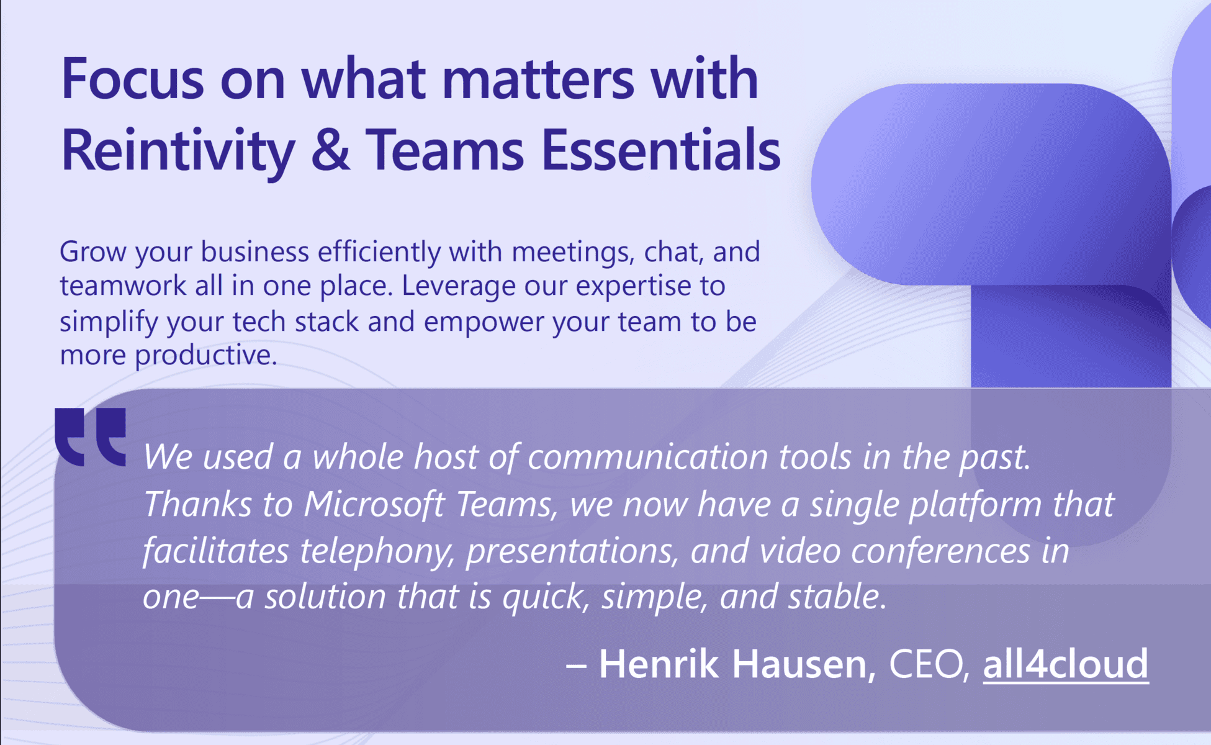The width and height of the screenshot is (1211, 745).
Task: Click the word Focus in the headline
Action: pyautogui.click(x=132, y=79)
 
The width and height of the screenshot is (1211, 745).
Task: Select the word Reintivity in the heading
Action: pyautogui.click(x=178, y=151)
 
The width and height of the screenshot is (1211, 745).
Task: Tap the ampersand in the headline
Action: pyautogui.click(x=330, y=151)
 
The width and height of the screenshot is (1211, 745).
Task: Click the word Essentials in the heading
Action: pyautogui.click(x=660, y=150)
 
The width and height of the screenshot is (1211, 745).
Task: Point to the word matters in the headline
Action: pyautogui.click(x=538, y=79)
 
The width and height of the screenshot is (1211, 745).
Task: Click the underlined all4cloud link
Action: pyautogui.click(x=1065, y=664)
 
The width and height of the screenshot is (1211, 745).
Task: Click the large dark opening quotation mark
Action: pyautogui.click(x=91, y=436)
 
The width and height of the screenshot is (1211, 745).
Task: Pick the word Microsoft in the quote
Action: pyautogui.click(x=374, y=503)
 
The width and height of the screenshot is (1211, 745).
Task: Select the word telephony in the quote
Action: pyautogui.click(x=377, y=551)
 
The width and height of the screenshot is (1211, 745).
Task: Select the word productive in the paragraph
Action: pyautogui.click(x=205, y=356)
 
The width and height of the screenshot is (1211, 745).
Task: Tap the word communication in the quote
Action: pyautogui.click(x=648, y=457)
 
